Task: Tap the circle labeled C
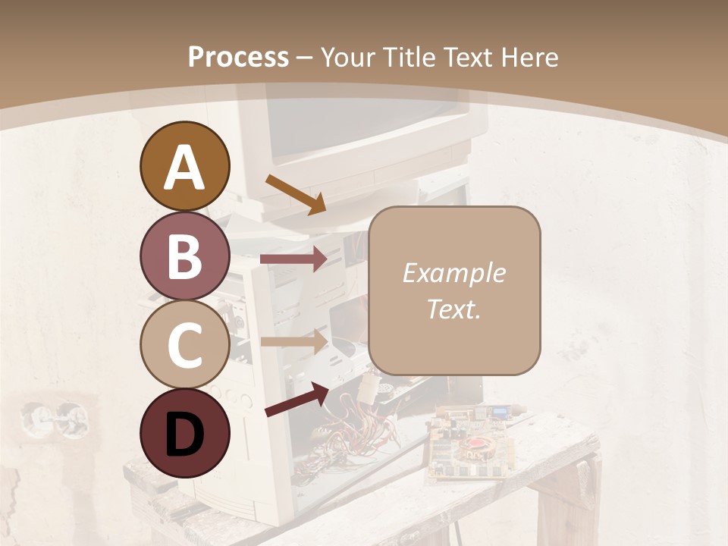click(x=184, y=345)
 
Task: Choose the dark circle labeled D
click(x=184, y=434)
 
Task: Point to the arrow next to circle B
click(x=293, y=259)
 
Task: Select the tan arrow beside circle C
click(x=293, y=340)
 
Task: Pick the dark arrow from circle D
click(x=297, y=399)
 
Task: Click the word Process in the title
click(x=238, y=58)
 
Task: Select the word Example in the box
click(x=453, y=274)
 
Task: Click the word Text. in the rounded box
click(x=453, y=309)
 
